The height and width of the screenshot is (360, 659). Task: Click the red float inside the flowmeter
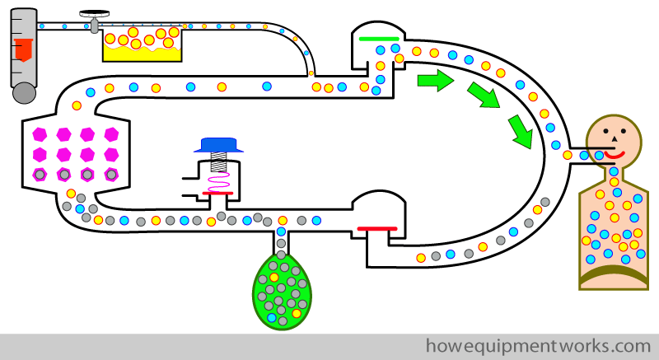(24, 49)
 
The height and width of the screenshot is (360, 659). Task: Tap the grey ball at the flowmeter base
(25, 93)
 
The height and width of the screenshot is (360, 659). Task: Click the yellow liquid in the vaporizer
(142, 54)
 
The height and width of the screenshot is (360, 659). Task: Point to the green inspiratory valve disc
(379, 39)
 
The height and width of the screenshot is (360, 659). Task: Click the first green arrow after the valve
(436, 80)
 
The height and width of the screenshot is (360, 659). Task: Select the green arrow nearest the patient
(521, 132)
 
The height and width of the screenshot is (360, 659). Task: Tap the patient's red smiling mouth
(615, 154)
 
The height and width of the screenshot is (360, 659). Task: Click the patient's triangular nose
(614, 138)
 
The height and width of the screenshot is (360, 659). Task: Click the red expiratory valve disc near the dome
(377, 229)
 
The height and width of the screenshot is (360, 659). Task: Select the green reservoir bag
(283, 291)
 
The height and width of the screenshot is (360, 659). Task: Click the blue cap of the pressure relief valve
(218, 145)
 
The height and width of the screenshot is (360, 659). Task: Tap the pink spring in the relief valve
(219, 181)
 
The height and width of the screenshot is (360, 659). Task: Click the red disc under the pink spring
(217, 194)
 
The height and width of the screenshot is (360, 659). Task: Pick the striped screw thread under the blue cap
(218, 161)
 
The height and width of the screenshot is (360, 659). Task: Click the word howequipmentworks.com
(539, 347)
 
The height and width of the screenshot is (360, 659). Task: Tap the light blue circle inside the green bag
(272, 317)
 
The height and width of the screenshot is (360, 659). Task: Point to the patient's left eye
(605, 131)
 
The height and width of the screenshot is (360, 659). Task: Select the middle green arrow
(484, 95)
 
